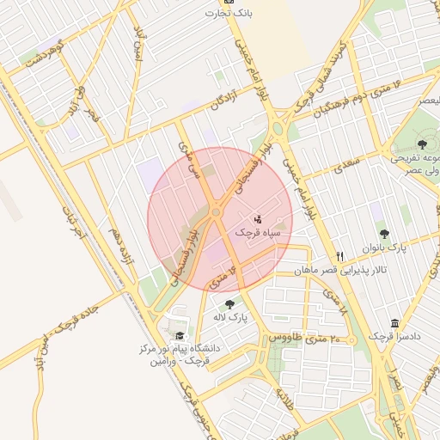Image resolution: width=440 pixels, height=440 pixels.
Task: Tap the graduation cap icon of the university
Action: pos(180,336)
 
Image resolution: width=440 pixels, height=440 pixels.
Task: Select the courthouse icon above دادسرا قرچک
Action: pos(394,323)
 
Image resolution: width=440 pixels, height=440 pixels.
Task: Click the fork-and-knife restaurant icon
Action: pos(340,256)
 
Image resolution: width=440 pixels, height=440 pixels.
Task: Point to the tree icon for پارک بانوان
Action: pos(383,234)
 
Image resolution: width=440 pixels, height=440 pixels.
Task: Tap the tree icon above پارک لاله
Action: pos(229,304)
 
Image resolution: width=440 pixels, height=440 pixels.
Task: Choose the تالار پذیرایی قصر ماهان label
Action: pos(340,270)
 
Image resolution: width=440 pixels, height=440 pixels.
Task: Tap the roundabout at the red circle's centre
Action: pos(217,211)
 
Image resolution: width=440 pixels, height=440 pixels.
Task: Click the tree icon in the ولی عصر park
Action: pos(422,144)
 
